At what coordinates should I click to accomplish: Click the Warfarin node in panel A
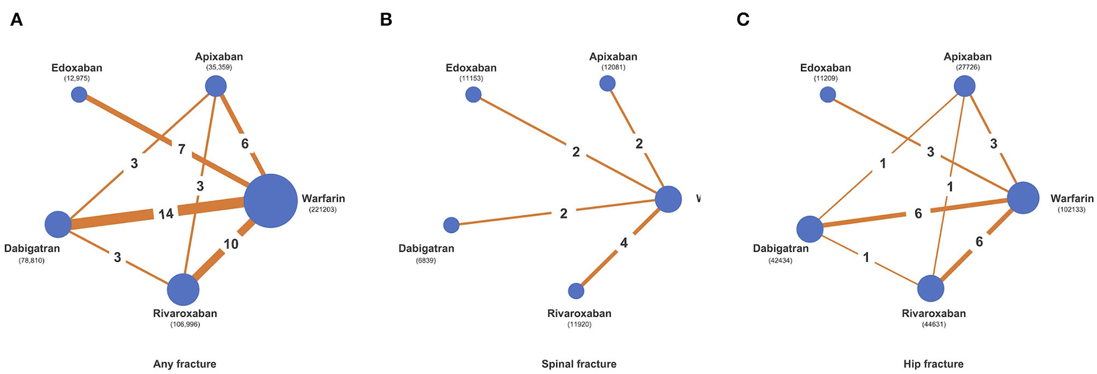tap(271, 201)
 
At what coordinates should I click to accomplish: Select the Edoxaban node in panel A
tap(79, 94)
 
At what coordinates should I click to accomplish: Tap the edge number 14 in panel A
tap(165, 214)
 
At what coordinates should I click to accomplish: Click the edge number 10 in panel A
tap(231, 244)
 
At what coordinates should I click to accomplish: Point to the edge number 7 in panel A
tap(181, 149)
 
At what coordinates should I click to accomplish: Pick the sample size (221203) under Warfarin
tap(323, 210)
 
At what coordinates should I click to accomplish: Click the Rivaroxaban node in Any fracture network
tap(183, 289)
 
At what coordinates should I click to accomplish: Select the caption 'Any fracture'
tap(184, 364)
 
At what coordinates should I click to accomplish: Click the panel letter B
tap(386, 20)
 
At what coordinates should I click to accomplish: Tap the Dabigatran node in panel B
tap(451, 225)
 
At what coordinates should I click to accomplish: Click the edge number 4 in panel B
tap(623, 243)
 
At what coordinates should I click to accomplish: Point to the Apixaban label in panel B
tap(613, 56)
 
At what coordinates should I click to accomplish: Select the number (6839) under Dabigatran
tap(426, 261)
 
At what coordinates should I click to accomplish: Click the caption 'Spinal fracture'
tap(579, 364)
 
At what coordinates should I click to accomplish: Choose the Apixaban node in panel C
tap(965, 86)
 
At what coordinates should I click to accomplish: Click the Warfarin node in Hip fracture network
tap(1023, 198)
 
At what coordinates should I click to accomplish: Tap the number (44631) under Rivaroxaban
tap(934, 324)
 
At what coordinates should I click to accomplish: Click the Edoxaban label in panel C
tap(825, 67)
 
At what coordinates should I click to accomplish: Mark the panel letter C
tap(743, 20)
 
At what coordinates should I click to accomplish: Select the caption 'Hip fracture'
tap(933, 364)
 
